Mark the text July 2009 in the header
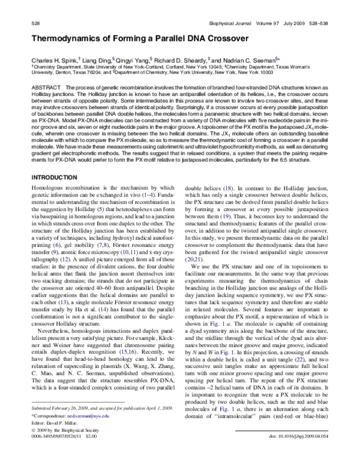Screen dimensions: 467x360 click(x=286, y=22)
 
